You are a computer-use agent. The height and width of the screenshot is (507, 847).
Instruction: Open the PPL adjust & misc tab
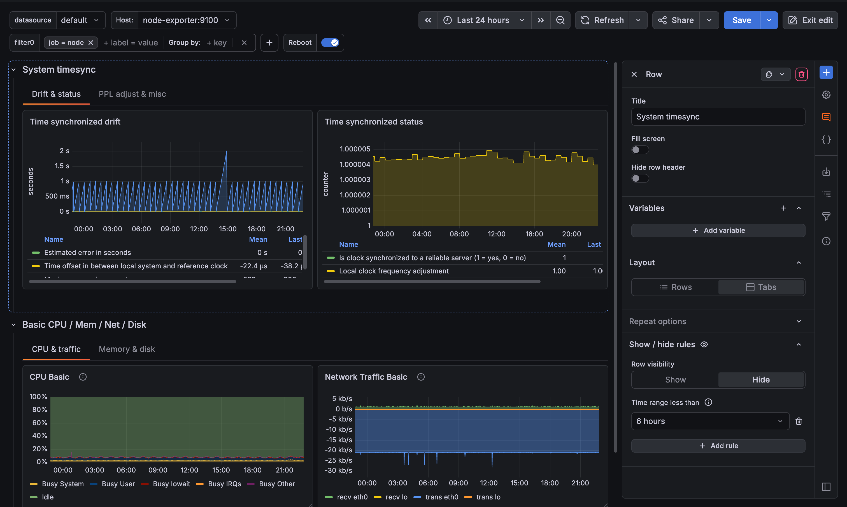(132, 94)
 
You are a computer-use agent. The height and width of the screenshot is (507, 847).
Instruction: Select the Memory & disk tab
(127, 349)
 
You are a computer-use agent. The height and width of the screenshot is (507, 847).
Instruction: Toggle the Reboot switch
(330, 43)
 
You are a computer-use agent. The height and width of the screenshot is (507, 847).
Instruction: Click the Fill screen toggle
(639, 150)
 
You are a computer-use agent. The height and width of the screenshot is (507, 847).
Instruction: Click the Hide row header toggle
(639, 178)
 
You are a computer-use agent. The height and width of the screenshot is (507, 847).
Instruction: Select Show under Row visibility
(675, 380)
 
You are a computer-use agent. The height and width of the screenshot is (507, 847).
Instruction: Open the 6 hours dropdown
(709, 421)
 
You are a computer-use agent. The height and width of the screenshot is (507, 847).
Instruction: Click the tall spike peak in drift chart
(226, 151)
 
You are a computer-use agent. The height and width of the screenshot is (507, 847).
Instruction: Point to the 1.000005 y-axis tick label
(355, 149)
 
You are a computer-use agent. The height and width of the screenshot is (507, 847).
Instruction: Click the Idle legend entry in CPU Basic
(47, 497)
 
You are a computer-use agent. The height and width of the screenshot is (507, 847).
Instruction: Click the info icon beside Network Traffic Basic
(421, 377)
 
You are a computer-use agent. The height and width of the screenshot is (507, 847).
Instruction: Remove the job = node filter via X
(91, 43)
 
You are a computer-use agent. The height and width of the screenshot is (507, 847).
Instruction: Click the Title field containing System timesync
(718, 117)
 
